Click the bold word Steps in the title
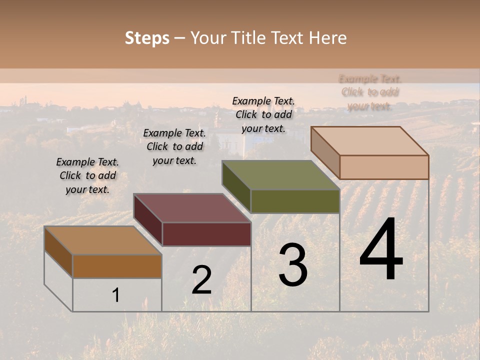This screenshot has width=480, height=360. [x=146, y=38]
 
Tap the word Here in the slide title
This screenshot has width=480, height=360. [x=327, y=38]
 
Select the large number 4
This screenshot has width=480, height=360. [x=381, y=250]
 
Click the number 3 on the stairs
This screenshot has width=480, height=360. [x=293, y=265]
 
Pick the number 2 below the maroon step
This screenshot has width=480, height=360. [x=201, y=280]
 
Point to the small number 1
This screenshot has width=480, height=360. [x=115, y=295]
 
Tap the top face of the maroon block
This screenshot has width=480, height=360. [x=192, y=208]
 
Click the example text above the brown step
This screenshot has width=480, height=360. [x=87, y=175]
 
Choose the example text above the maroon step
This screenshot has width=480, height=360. [x=174, y=146]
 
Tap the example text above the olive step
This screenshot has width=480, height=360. [x=263, y=114]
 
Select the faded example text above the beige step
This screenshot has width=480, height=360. [x=370, y=92]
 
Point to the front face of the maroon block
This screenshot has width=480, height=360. [x=206, y=234]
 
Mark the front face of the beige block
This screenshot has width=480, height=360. [x=384, y=167]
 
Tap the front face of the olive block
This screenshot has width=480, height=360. [x=295, y=201]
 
